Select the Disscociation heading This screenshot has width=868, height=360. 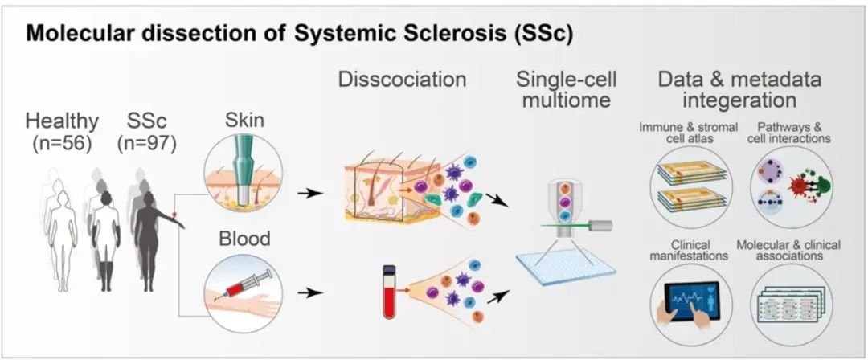pos(402,80)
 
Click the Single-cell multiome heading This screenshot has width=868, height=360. pos(559,90)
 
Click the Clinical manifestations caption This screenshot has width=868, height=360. pos(691,250)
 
